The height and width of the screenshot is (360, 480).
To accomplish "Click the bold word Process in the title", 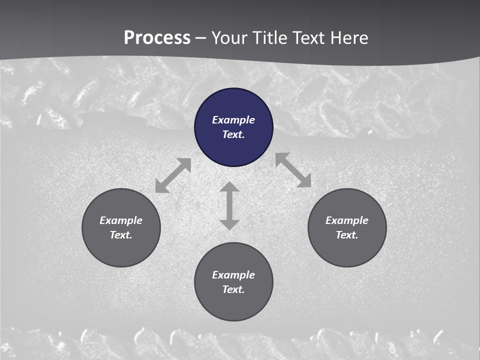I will coord(157,38).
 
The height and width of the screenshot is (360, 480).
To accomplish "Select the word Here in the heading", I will coord(348,38).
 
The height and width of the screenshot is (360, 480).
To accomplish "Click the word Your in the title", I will coord(229,38).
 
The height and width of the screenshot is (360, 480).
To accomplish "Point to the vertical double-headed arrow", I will coord(229,205).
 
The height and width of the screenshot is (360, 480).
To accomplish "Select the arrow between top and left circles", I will coord(173,175).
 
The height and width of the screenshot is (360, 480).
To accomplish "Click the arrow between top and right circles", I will coord(293,170).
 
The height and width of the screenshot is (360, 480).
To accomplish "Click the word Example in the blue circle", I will coord(233,120).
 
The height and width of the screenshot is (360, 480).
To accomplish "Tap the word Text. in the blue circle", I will coord(233,134).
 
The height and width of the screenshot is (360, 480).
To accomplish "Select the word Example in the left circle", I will coord(121,220).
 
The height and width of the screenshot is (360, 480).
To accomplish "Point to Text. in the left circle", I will coord(121,235).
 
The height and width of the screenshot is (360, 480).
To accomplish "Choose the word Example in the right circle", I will coord(347,220).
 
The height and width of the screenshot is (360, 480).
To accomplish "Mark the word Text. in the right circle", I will coord(347,235).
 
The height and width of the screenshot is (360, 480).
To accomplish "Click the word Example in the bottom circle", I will coord(233,275).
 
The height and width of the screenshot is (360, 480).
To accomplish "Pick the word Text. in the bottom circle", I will coord(233,289).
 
